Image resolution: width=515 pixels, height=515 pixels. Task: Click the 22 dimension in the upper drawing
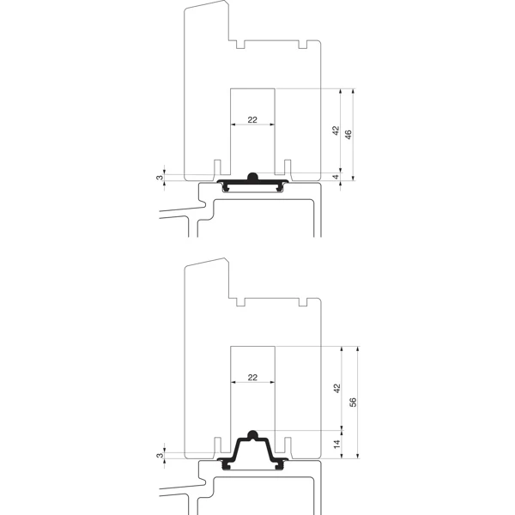(x=252, y=120)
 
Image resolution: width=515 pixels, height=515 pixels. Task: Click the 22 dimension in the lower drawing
(x=252, y=378)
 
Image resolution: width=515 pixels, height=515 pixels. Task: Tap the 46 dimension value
(x=348, y=135)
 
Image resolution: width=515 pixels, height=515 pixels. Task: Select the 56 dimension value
(x=353, y=403)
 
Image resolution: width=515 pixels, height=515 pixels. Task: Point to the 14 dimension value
(x=337, y=445)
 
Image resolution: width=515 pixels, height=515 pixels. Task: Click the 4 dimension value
(x=336, y=177)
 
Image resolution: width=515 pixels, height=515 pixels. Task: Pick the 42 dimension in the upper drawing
(x=336, y=130)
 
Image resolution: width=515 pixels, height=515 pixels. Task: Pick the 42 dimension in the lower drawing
(x=337, y=388)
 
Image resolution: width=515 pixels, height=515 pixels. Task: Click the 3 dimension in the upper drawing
(x=160, y=178)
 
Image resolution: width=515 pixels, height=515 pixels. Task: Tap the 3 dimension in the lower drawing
(x=160, y=456)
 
